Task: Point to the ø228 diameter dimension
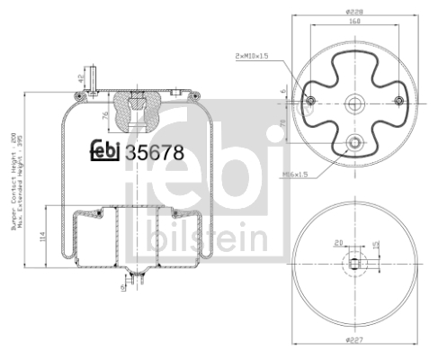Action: tap(352, 11)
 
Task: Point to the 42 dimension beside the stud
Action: tap(80, 78)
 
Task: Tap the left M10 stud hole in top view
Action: tap(311, 101)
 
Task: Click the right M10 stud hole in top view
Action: tap(393, 101)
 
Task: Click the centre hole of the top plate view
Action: tap(353, 101)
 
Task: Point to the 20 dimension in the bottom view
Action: tap(338, 242)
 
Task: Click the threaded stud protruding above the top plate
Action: tap(91, 73)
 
